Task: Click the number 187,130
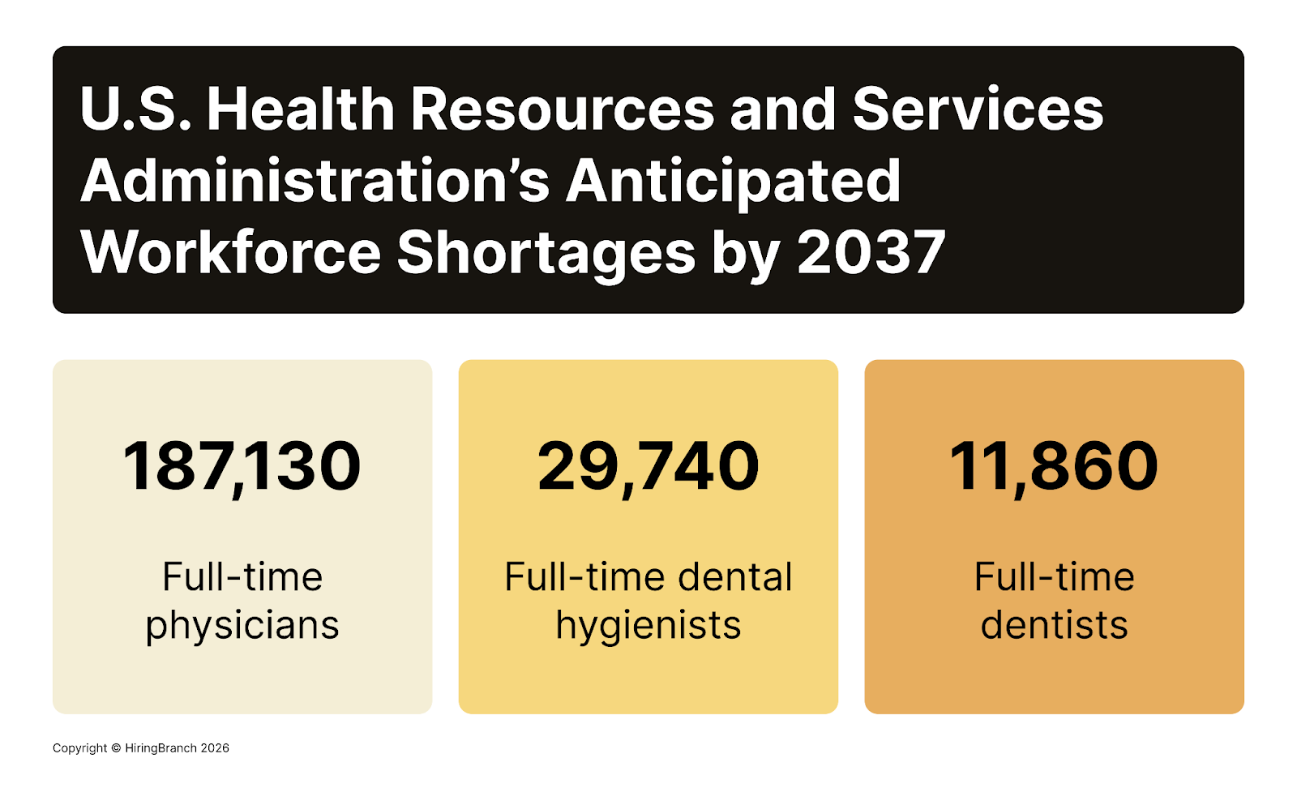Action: [242, 467]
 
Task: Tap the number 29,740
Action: [648, 467]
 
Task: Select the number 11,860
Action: [1054, 467]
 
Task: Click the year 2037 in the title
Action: [871, 252]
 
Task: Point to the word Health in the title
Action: [301, 109]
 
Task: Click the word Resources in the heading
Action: [563, 109]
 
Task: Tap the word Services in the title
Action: [978, 109]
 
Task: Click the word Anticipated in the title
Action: [733, 181]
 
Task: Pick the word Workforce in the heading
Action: [230, 252]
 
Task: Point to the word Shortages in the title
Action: [546, 252]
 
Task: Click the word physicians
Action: [242, 626]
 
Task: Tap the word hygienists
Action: [648, 626]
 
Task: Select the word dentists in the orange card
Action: [1054, 626]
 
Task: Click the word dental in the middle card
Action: [734, 578]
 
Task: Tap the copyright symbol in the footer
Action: [116, 748]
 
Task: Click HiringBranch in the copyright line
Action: [161, 748]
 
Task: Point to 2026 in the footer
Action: [215, 748]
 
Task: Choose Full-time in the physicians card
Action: [242, 578]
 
